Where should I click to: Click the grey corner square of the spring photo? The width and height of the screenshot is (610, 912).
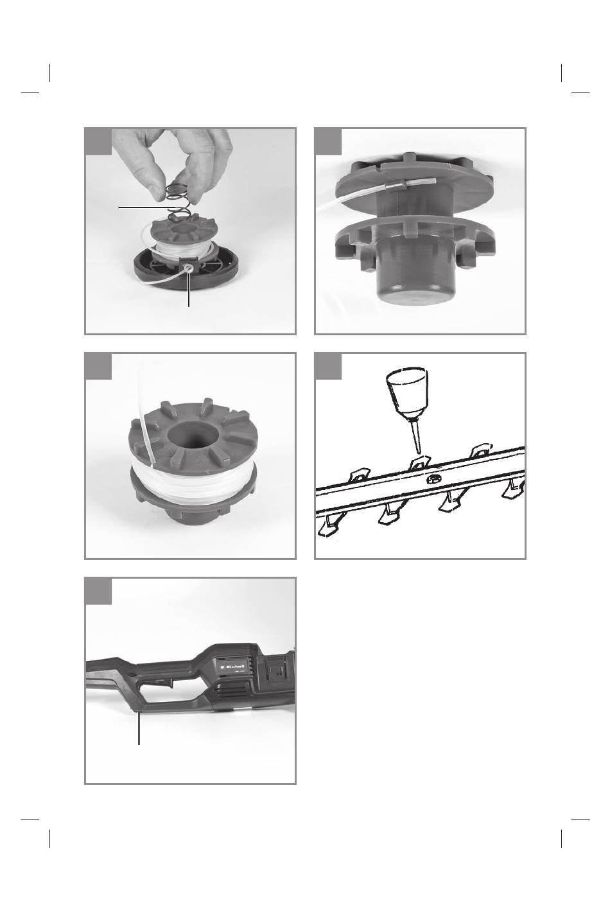98,142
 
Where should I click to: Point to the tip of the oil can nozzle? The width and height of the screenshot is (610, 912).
418,452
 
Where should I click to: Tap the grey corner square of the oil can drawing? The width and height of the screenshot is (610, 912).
328,366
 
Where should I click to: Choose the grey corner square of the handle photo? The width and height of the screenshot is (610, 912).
98,591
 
